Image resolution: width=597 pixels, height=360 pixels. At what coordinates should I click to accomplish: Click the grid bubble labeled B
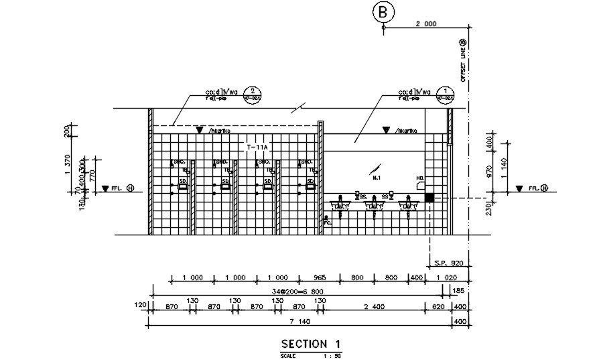pos(383,11)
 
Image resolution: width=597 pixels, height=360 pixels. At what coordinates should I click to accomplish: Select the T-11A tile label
pos(257,146)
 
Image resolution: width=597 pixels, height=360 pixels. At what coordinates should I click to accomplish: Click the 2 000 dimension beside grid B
pos(425,23)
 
